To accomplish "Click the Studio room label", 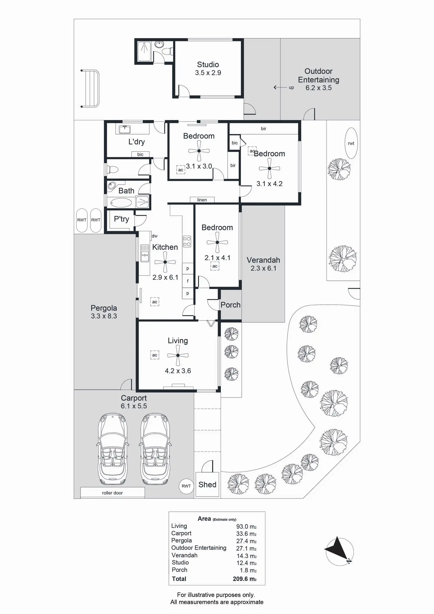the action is tap(208, 65).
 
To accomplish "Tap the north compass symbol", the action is tap(339, 551).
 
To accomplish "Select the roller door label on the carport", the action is tap(112, 493).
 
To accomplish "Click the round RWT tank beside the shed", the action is tap(186, 486).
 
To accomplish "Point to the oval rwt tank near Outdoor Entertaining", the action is tap(351, 143).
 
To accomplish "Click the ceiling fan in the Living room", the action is tap(178, 355).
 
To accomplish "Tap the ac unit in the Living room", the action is tap(155, 355).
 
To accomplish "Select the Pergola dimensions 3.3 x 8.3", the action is tap(104, 316).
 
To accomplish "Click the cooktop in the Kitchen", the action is tap(187, 241).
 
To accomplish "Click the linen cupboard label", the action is tap(202, 200).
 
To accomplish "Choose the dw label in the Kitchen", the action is tap(154, 236).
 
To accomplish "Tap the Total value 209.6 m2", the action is tap(244, 579).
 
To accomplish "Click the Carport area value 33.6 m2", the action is tap(246, 533).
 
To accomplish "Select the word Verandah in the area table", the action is tap(185, 555).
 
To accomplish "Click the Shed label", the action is tap(207, 485).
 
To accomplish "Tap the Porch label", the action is tap(231, 305).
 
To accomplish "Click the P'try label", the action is tap(121, 219).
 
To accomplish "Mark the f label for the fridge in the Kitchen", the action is tap(188, 281).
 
